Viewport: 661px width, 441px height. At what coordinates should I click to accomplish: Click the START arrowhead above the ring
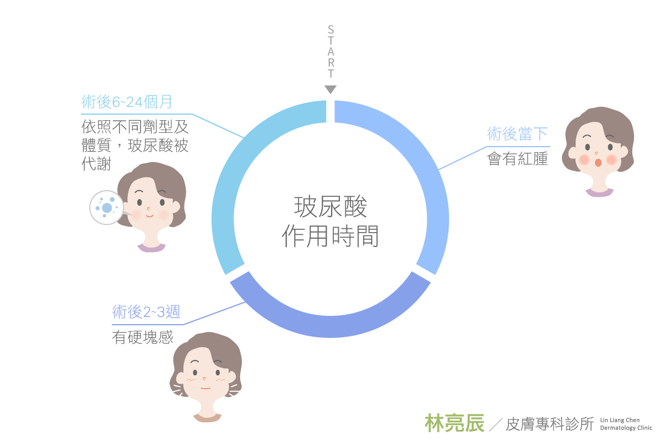point(330,89)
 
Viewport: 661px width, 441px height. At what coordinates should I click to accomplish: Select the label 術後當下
point(517,134)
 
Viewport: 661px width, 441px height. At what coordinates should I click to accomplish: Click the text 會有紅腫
point(517,159)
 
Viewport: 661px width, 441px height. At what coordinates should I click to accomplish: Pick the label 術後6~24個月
point(127,102)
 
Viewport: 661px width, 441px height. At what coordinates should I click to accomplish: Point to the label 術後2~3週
point(146,312)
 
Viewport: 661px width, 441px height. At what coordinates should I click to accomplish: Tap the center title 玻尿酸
point(330,208)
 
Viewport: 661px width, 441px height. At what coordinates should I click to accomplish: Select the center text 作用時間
point(330,237)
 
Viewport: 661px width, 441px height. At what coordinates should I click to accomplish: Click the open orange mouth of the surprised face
point(598,163)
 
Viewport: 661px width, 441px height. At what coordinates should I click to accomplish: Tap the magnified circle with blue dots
point(106,207)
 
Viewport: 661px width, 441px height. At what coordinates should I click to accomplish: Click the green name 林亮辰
point(454,423)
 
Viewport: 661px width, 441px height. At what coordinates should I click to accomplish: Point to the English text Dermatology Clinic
point(626,428)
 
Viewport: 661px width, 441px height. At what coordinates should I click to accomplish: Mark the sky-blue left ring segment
point(231,187)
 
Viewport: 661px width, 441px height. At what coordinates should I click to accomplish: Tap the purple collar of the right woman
point(599,192)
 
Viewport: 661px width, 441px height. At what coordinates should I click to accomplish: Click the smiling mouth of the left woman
point(149,217)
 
